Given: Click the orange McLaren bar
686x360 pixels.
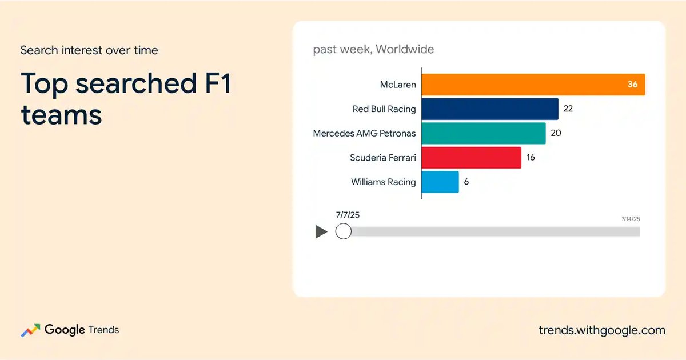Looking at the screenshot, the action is click(533, 85).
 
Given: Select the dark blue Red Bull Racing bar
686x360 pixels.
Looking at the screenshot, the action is click(490, 109).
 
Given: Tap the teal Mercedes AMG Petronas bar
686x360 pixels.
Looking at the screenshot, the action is click(484, 133).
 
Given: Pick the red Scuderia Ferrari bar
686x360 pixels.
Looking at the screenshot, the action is click(471, 158).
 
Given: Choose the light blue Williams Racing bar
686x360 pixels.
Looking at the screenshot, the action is click(440, 182).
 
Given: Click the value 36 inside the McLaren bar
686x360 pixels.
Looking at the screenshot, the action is click(632, 84).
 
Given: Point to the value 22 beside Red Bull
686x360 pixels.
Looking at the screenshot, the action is click(568, 109).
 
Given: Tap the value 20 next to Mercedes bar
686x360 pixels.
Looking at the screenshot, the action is click(556, 133).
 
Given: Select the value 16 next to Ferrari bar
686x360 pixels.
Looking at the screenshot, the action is click(531, 157).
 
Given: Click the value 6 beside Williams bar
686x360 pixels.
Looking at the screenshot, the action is click(466, 182).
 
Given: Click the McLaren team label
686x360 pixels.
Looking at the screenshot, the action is click(398, 85).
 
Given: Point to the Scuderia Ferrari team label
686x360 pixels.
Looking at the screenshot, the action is click(383, 158).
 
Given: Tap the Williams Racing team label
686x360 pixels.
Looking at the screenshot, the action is click(384, 182).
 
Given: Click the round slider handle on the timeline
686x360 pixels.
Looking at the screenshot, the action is click(344, 231).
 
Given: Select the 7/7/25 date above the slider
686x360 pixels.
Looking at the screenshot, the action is click(348, 215).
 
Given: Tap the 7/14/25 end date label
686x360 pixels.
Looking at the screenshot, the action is click(631, 219).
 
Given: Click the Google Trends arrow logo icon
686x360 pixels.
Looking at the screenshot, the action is click(30, 330).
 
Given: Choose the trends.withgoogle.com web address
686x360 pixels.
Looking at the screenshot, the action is click(602, 330).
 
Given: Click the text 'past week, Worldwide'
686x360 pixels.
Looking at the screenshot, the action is click(373, 49).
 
